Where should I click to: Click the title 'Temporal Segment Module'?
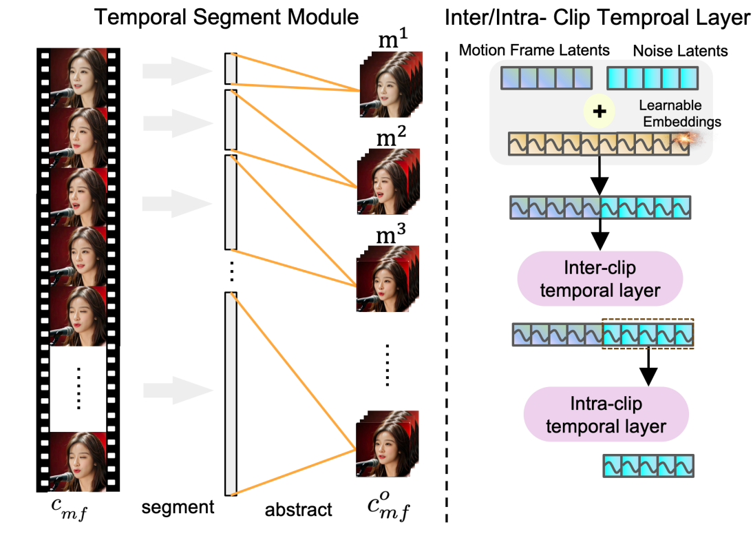(226, 16)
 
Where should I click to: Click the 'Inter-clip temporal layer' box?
(600, 279)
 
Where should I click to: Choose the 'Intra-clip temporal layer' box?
(606, 415)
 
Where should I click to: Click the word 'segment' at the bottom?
(178, 508)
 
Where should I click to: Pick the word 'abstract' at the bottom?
(299, 510)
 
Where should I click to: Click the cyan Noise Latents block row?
(652, 78)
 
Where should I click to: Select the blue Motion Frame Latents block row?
(545, 78)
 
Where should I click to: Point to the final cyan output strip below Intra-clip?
(648, 465)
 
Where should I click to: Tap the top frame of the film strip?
(77, 76)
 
